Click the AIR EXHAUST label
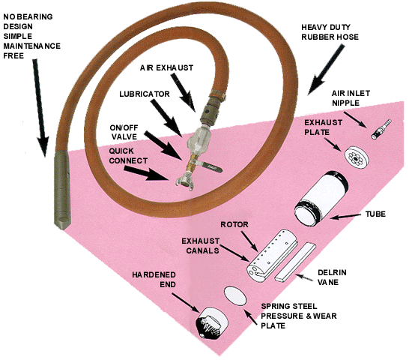[166, 68]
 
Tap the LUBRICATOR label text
[145, 94]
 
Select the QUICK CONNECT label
[128, 156]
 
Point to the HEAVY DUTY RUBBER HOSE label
[330, 32]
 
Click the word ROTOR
[234, 224]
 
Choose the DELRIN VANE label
[332, 277]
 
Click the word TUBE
[375, 214]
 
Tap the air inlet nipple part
[381, 129]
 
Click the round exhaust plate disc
[357, 156]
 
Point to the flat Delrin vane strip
[295, 262]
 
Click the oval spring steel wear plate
[235, 296]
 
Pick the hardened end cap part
[212, 322]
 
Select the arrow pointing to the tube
[345, 216]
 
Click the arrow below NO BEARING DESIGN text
[40, 108]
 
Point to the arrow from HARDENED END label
[186, 303]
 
